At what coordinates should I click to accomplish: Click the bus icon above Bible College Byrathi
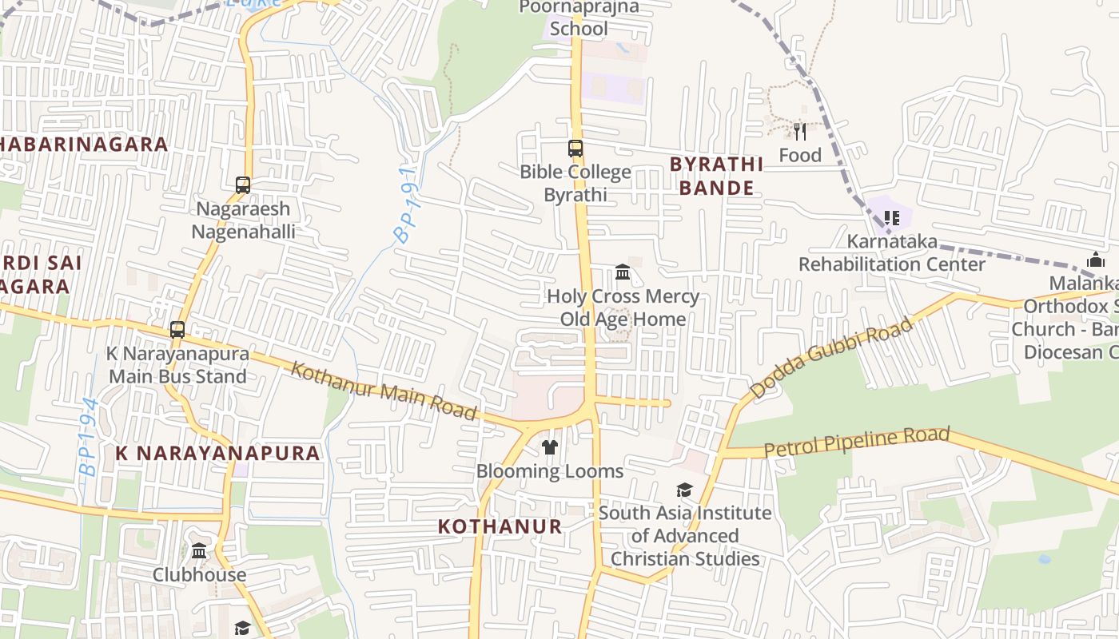(575, 149)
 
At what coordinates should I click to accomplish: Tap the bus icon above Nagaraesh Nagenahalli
(243, 185)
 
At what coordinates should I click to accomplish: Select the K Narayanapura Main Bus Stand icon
(177, 330)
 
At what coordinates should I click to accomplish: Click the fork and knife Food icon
(799, 131)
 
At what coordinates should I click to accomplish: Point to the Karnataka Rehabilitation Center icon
(892, 217)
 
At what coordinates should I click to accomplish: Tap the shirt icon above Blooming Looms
(550, 447)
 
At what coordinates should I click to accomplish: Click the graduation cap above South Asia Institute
(684, 490)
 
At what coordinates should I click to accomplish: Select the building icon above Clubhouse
(199, 551)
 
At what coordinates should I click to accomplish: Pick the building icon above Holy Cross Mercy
(623, 273)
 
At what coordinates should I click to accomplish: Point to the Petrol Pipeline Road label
(857, 442)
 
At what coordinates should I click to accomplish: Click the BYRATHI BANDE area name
(711, 176)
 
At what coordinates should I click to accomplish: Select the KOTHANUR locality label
(500, 526)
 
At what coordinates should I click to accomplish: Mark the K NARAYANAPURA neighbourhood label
(217, 453)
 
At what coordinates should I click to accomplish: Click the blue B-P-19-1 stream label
(407, 205)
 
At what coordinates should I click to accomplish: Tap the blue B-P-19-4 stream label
(88, 438)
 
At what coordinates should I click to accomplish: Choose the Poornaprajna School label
(579, 18)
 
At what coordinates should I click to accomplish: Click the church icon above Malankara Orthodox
(1096, 260)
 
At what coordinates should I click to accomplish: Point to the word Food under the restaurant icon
(800, 155)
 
